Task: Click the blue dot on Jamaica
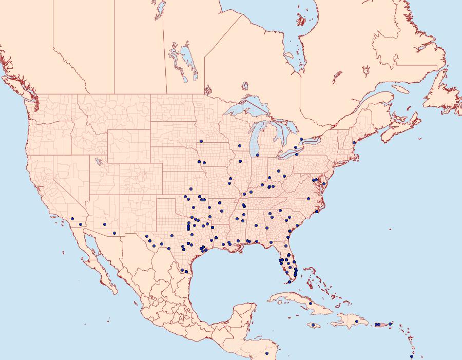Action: coord(313,325)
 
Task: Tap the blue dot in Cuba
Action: coord(311,304)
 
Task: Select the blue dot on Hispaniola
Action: coord(356,321)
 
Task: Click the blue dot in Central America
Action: coord(266,353)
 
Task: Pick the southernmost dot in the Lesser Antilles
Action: coord(411,356)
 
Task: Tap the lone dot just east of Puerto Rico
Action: coord(390,324)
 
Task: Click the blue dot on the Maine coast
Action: coord(354,143)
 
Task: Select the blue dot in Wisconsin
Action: coord(239,146)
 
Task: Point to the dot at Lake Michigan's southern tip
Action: coord(258,155)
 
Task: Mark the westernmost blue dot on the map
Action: coord(72,219)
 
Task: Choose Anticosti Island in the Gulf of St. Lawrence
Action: coord(401,89)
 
